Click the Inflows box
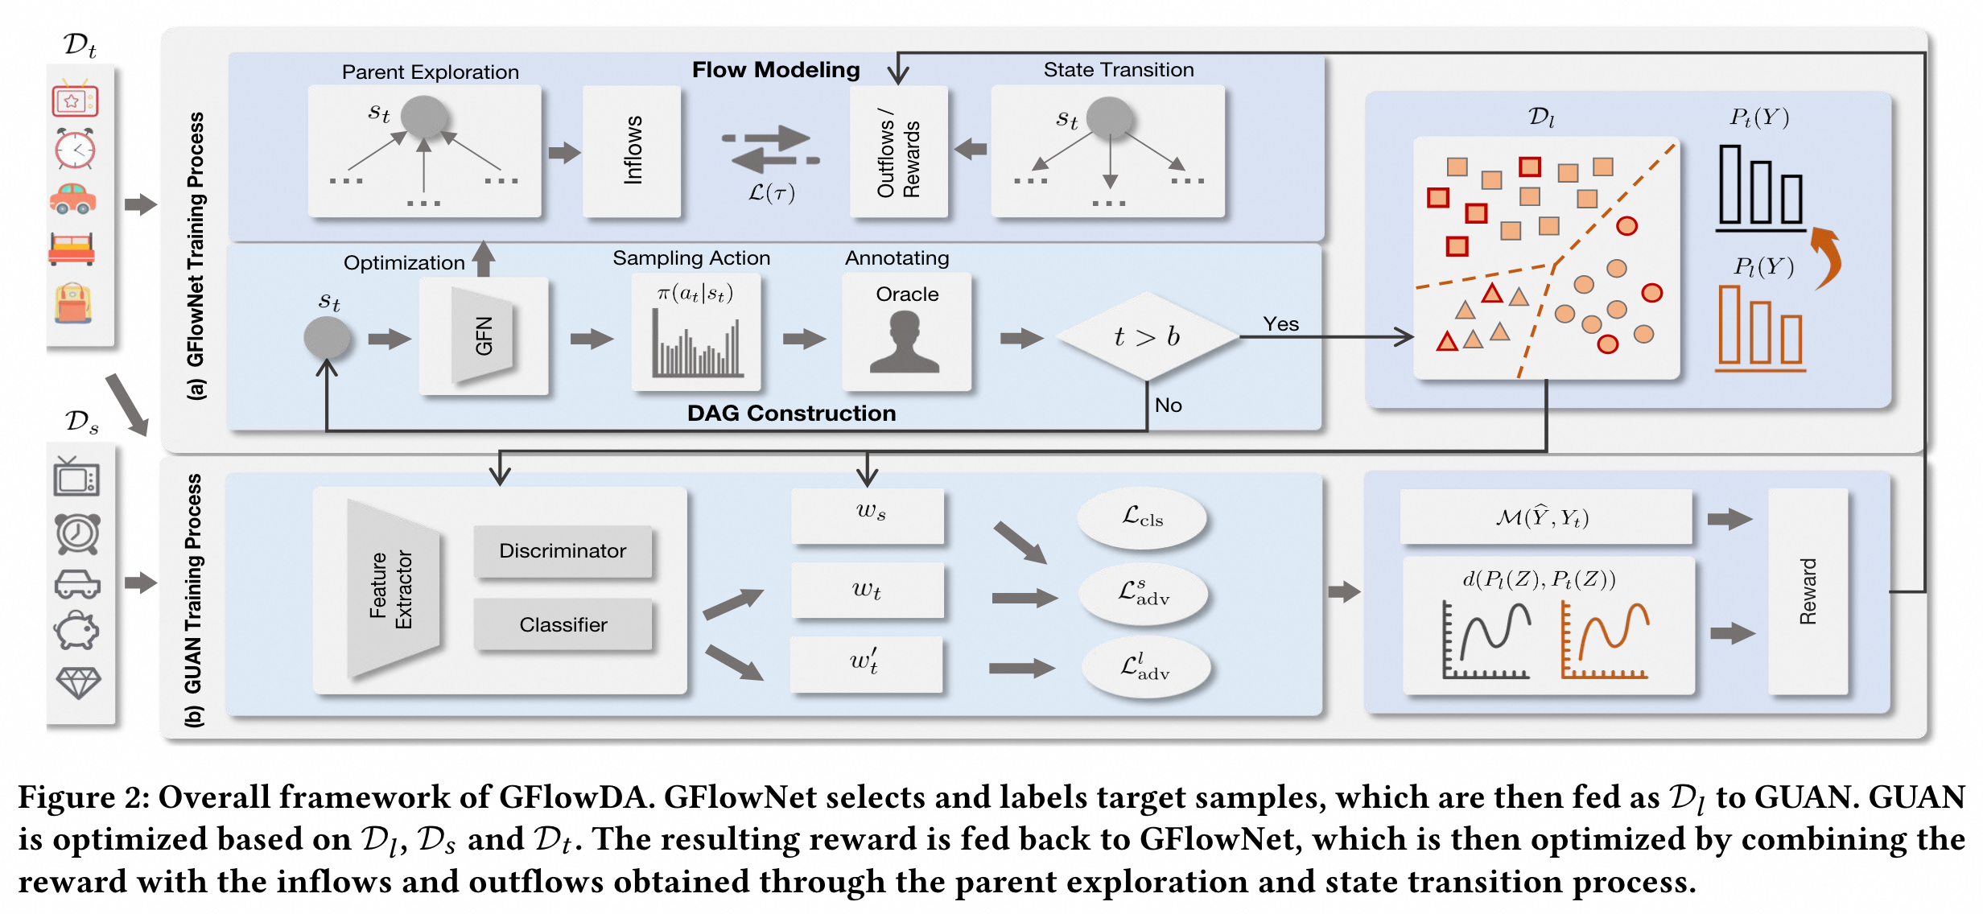click(x=632, y=151)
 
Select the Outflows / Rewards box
click(x=898, y=151)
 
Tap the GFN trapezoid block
click(x=483, y=336)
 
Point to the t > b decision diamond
click(x=1147, y=336)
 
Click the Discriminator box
click(x=563, y=551)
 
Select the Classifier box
click(x=563, y=624)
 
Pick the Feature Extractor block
click(x=393, y=590)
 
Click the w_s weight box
click(x=868, y=513)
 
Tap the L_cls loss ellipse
click(x=1142, y=518)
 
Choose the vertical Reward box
click(x=1808, y=591)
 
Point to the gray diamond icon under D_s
click(x=78, y=682)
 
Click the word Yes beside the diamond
click(x=1280, y=324)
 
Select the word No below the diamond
click(x=1168, y=406)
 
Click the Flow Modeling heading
click(x=776, y=70)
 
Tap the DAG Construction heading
click(x=791, y=413)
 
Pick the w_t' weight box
click(x=866, y=663)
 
